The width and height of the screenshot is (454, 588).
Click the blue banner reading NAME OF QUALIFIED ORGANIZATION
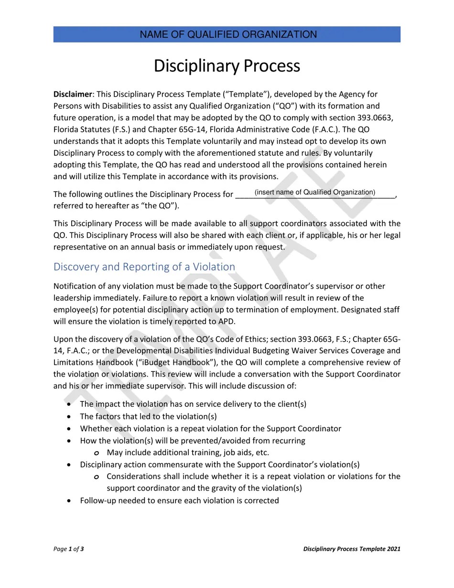(227, 34)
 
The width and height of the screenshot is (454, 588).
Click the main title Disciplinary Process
(227, 65)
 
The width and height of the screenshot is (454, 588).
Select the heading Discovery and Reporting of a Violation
(144, 267)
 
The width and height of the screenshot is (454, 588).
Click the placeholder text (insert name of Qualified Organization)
(315, 192)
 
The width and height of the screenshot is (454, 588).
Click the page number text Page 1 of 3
(69, 549)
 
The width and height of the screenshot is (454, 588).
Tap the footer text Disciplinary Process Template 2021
(352, 549)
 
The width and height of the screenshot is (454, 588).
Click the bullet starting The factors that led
(148, 416)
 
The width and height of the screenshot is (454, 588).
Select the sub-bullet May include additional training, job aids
(188, 452)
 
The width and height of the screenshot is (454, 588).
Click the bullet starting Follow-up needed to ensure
(179, 501)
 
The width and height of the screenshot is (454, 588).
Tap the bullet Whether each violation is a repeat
(210, 428)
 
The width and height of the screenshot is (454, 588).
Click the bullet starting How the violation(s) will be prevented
(192, 440)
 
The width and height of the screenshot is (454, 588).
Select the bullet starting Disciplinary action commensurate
(219, 465)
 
